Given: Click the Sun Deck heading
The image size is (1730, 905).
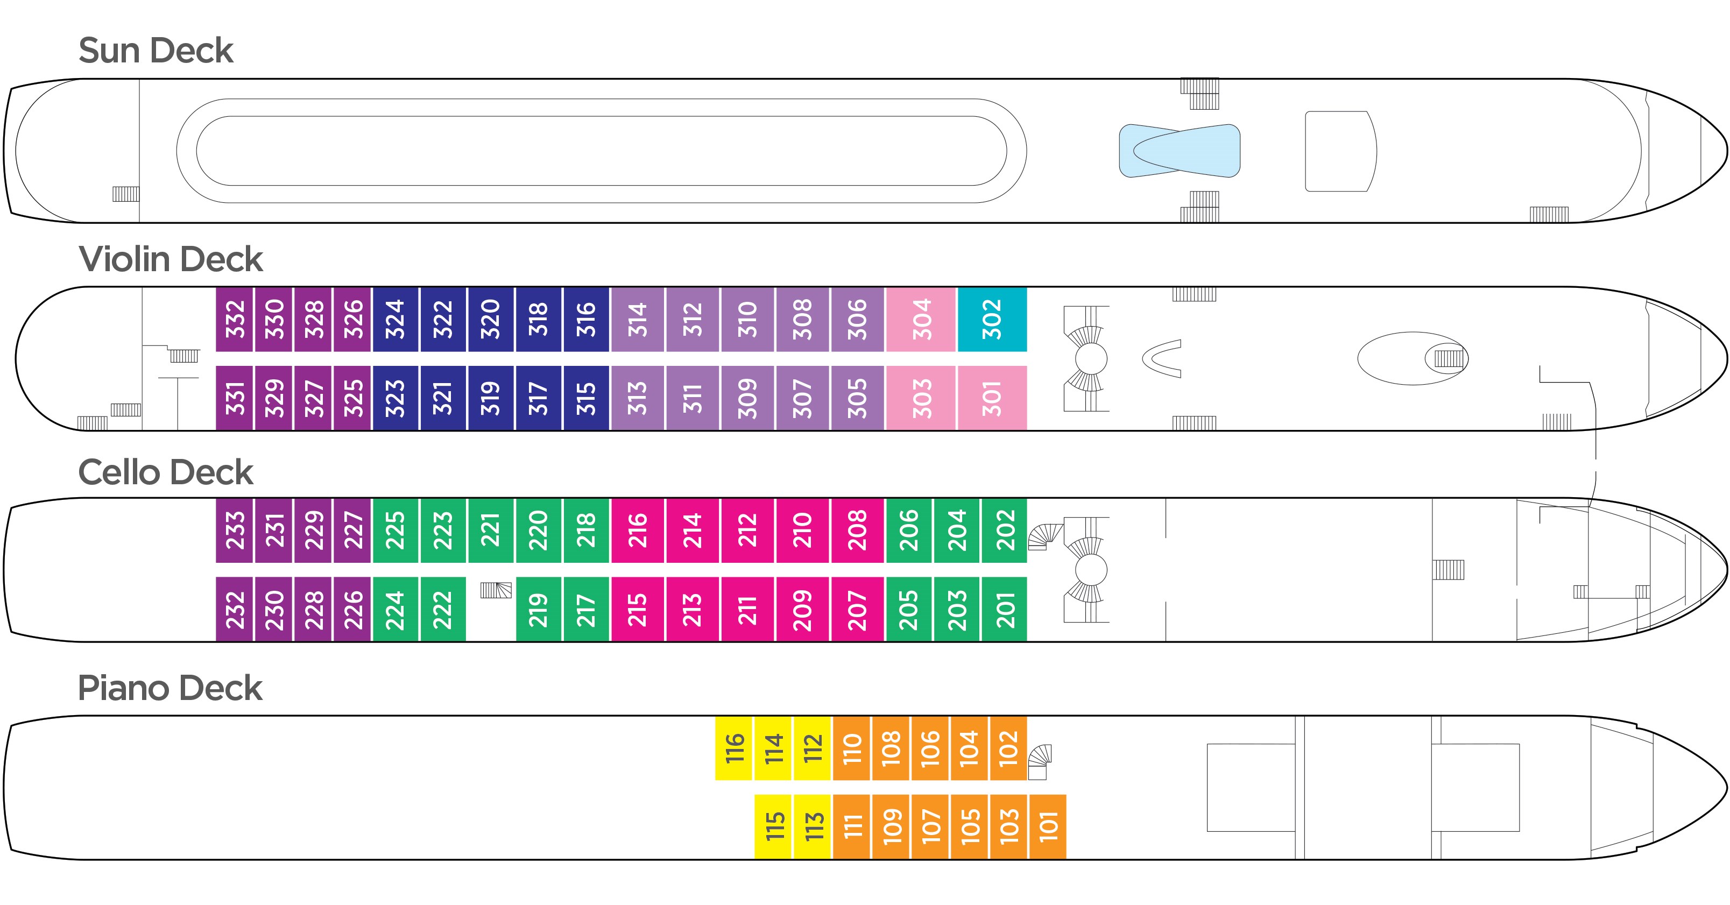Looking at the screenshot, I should click(x=156, y=51).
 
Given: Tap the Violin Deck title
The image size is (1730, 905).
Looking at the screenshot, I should click(x=171, y=259).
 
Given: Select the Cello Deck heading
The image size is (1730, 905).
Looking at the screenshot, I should click(x=165, y=472).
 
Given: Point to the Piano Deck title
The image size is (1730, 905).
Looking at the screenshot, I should click(x=170, y=688).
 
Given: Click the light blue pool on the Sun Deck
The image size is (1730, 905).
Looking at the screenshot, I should click(x=1180, y=151).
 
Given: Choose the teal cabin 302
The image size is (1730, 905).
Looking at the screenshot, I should click(x=992, y=319).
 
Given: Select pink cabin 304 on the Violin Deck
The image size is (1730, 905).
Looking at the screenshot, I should click(x=921, y=319).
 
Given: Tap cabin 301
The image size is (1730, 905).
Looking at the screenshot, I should click(x=992, y=398).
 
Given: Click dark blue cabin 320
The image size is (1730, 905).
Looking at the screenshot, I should click(x=490, y=319).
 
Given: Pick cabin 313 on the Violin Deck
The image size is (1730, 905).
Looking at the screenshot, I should click(x=637, y=398).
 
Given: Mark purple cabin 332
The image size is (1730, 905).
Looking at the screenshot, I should click(x=235, y=319).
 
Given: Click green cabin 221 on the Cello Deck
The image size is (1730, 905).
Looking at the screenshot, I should click(x=490, y=531).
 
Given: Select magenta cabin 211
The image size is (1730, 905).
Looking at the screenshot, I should click(x=747, y=610).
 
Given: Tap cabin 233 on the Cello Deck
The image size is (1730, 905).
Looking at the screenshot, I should click(x=235, y=531).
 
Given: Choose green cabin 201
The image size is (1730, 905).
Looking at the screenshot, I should click(x=1004, y=610).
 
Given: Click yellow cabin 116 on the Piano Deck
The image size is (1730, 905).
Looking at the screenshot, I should click(x=734, y=748).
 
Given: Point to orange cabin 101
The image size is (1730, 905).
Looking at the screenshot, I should click(x=1048, y=826).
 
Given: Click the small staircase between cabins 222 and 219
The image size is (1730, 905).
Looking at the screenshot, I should click(x=496, y=590).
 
